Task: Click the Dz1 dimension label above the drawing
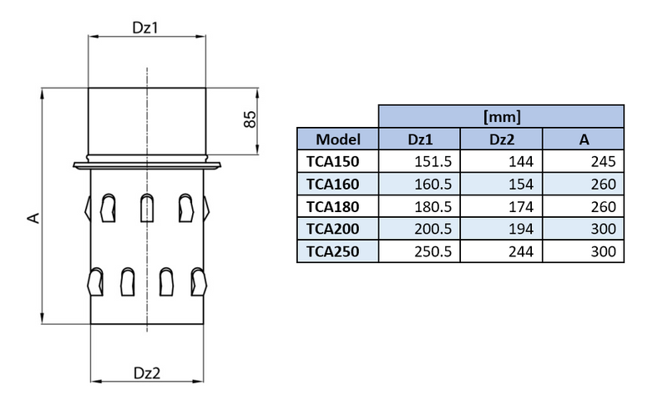146,28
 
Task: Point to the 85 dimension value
248,119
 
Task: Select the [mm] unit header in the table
502,116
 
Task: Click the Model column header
338,139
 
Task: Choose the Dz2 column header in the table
502,139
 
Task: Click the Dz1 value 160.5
433,184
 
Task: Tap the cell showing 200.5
433,229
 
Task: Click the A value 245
602,161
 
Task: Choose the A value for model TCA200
602,229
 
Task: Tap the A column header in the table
584,139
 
